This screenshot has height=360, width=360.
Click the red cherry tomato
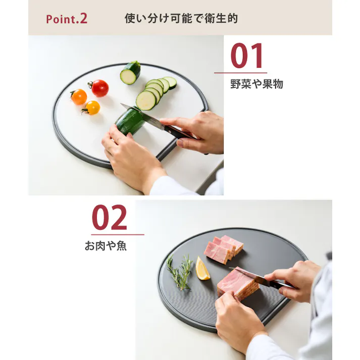(x=99, y=88)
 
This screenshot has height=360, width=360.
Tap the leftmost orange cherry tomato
(x=79, y=97)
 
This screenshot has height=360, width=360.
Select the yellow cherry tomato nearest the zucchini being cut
(x=92, y=108)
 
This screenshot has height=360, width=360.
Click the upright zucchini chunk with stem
(x=130, y=74)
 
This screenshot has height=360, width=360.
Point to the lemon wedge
(x=202, y=269)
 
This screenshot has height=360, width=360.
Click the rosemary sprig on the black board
(x=180, y=273)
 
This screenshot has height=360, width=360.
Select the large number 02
(x=110, y=218)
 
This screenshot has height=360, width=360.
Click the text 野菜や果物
(x=256, y=84)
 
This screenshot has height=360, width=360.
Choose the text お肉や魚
(x=106, y=246)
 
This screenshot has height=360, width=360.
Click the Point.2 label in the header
(x=67, y=19)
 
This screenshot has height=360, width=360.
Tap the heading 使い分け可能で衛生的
(x=181, y=19)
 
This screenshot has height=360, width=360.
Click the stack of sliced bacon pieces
(x=223, y=248)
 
